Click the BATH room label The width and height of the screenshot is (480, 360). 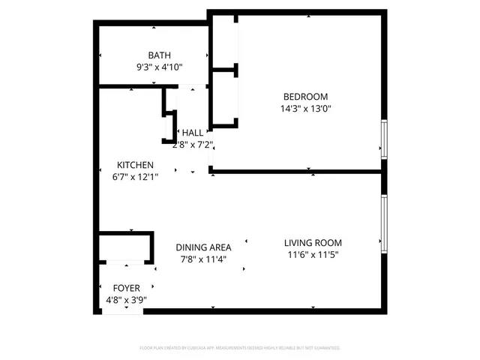pyautogui.click(x=159, y=55)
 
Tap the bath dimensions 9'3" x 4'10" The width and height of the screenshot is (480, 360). pyautogui.click(x=159, y=67)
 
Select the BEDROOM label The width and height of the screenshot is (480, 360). pyautogui.click(x=305, y=96)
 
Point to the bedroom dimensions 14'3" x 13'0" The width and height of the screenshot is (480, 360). pyautogui.click(x=305, y=108)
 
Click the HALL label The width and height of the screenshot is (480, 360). pyautogui.click(x=192, y=132)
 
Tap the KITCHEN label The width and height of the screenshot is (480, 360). pyautogui.click(x=135, y=165)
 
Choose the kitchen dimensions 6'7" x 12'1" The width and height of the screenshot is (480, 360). pyautogui.click(x=135, y=177)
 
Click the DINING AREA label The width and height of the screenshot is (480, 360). pyautogui.click(x=203, y=247)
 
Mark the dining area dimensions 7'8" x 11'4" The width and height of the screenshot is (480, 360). pyautogui.click(x=203, y=259)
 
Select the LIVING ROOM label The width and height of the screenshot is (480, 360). pyautogui.click(x=313, y=242)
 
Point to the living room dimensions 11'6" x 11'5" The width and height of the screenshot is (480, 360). pyautogui.click(x=313, y=254)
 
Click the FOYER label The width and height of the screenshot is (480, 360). pyautogui.click(x=126, y=288)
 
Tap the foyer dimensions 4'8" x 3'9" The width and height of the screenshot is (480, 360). pyautogui.click(x=126, y=300)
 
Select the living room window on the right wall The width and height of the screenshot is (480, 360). pyautogui.click(x=384, y=222)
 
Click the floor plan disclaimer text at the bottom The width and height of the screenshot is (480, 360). pyautogui.click(x=240, y=348)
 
